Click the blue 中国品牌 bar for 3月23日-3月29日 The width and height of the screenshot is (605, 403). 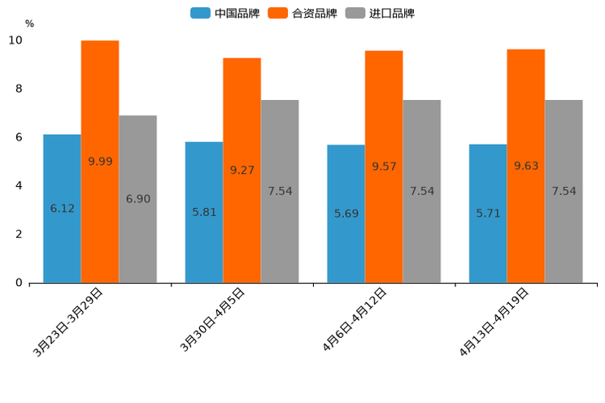tap(62, 208)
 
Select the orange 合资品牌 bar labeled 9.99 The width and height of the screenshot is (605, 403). tap(100, 161)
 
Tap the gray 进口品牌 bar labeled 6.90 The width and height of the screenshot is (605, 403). tap(137, 198)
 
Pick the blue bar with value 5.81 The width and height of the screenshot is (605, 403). tap(204, 212)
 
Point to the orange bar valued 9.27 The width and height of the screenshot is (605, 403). tap(242, 170)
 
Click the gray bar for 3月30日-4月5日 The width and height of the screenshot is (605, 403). tap(280, 191)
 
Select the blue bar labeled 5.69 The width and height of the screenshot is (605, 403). tap(346, 214)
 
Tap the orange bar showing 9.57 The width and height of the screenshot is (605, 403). tap(384, 166)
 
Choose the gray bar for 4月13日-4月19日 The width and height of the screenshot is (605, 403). tap(564, 191)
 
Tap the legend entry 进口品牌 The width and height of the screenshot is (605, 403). tap(381, 13)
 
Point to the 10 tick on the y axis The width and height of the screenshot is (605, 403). tap(15, 41)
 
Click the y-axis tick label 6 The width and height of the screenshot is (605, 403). tap(19, 137)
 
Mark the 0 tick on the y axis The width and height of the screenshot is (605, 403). tap(19, 283)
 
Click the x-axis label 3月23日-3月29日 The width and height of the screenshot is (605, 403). tap(68, 322)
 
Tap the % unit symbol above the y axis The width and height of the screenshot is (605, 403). tap(29, 24)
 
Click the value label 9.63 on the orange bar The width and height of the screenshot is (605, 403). tap(526, 166)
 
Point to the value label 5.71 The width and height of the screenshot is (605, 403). tap(488, 213)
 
